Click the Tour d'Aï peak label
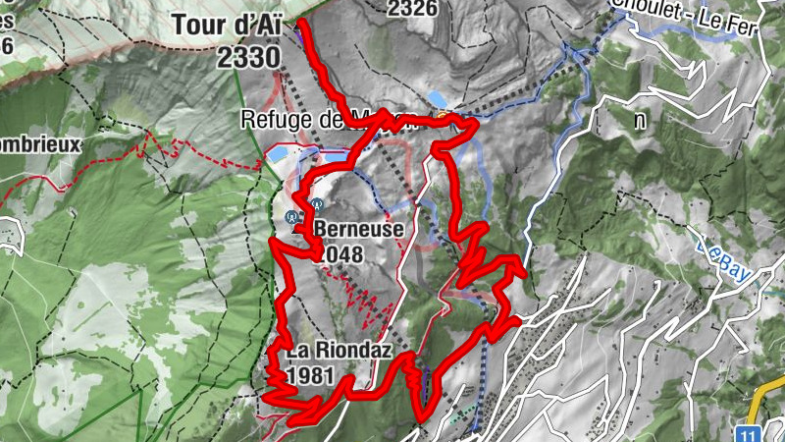click(x=228, y=23)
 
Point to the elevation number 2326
click(x=412, y=9)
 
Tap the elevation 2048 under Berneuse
click(x=340, y=255)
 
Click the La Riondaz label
click(x=327, y=352)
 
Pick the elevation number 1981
click(x=311, y=376)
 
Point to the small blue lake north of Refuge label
click(x=439, y=100)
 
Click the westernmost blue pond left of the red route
click(x=278, y=155)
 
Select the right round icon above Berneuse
click(x=316, y=205)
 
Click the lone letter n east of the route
click(x=640, y=121)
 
